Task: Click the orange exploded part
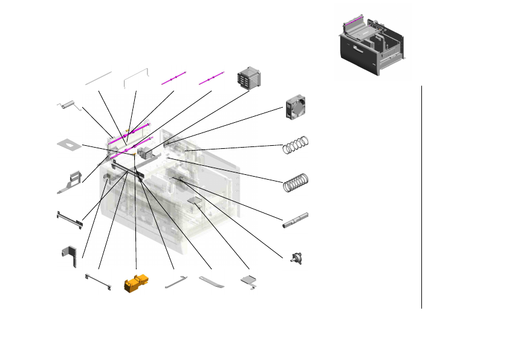(x=135, y=283)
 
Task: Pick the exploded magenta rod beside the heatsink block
(x=211, y=78)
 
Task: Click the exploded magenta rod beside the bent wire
(x=174, y=78)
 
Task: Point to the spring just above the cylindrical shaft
(x=296, y=182)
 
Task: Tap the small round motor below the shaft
(x=297, y=258)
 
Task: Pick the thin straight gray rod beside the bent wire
(x=99, y=77)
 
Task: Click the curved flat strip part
(x=211, y=282)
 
